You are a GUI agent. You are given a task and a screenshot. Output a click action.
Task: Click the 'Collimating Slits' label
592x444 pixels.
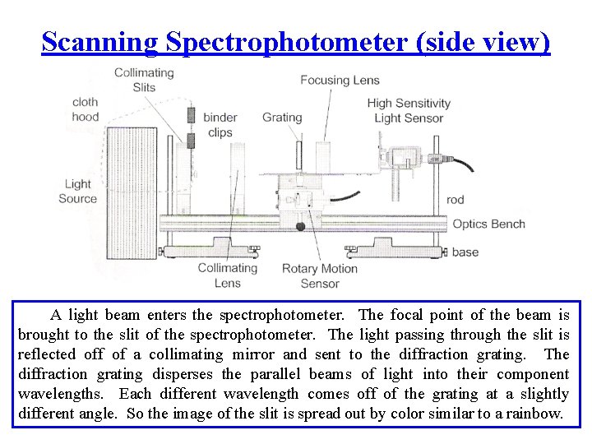[x=144, y=80]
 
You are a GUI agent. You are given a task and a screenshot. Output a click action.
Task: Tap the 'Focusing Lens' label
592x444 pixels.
[x=340, y=81]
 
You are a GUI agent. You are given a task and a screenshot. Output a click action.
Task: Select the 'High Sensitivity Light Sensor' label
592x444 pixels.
[x=409, y=110]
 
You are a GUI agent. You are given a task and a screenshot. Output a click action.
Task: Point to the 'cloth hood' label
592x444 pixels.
[x=85, y=109]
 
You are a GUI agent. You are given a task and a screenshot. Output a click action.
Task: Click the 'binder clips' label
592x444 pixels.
[x=220, y=124]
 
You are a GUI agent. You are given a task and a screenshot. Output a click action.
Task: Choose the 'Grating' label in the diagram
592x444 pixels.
[x=282, y=118]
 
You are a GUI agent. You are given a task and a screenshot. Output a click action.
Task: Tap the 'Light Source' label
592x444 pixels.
[x=77, y=192]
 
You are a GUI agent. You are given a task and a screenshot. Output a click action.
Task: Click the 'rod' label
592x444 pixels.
[x=455, y=200]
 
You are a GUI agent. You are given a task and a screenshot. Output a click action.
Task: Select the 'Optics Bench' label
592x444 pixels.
[x=488, y=224]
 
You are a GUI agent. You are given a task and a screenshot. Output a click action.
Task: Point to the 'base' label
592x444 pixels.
[x=465, y=252]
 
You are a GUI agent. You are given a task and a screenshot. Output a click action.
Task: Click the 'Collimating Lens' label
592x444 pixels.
[x=228, y=275]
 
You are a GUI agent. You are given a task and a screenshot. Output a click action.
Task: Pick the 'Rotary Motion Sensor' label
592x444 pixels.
[x=320, y=276]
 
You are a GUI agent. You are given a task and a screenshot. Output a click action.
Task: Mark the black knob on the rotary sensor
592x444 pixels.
[x=301, y=226]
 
